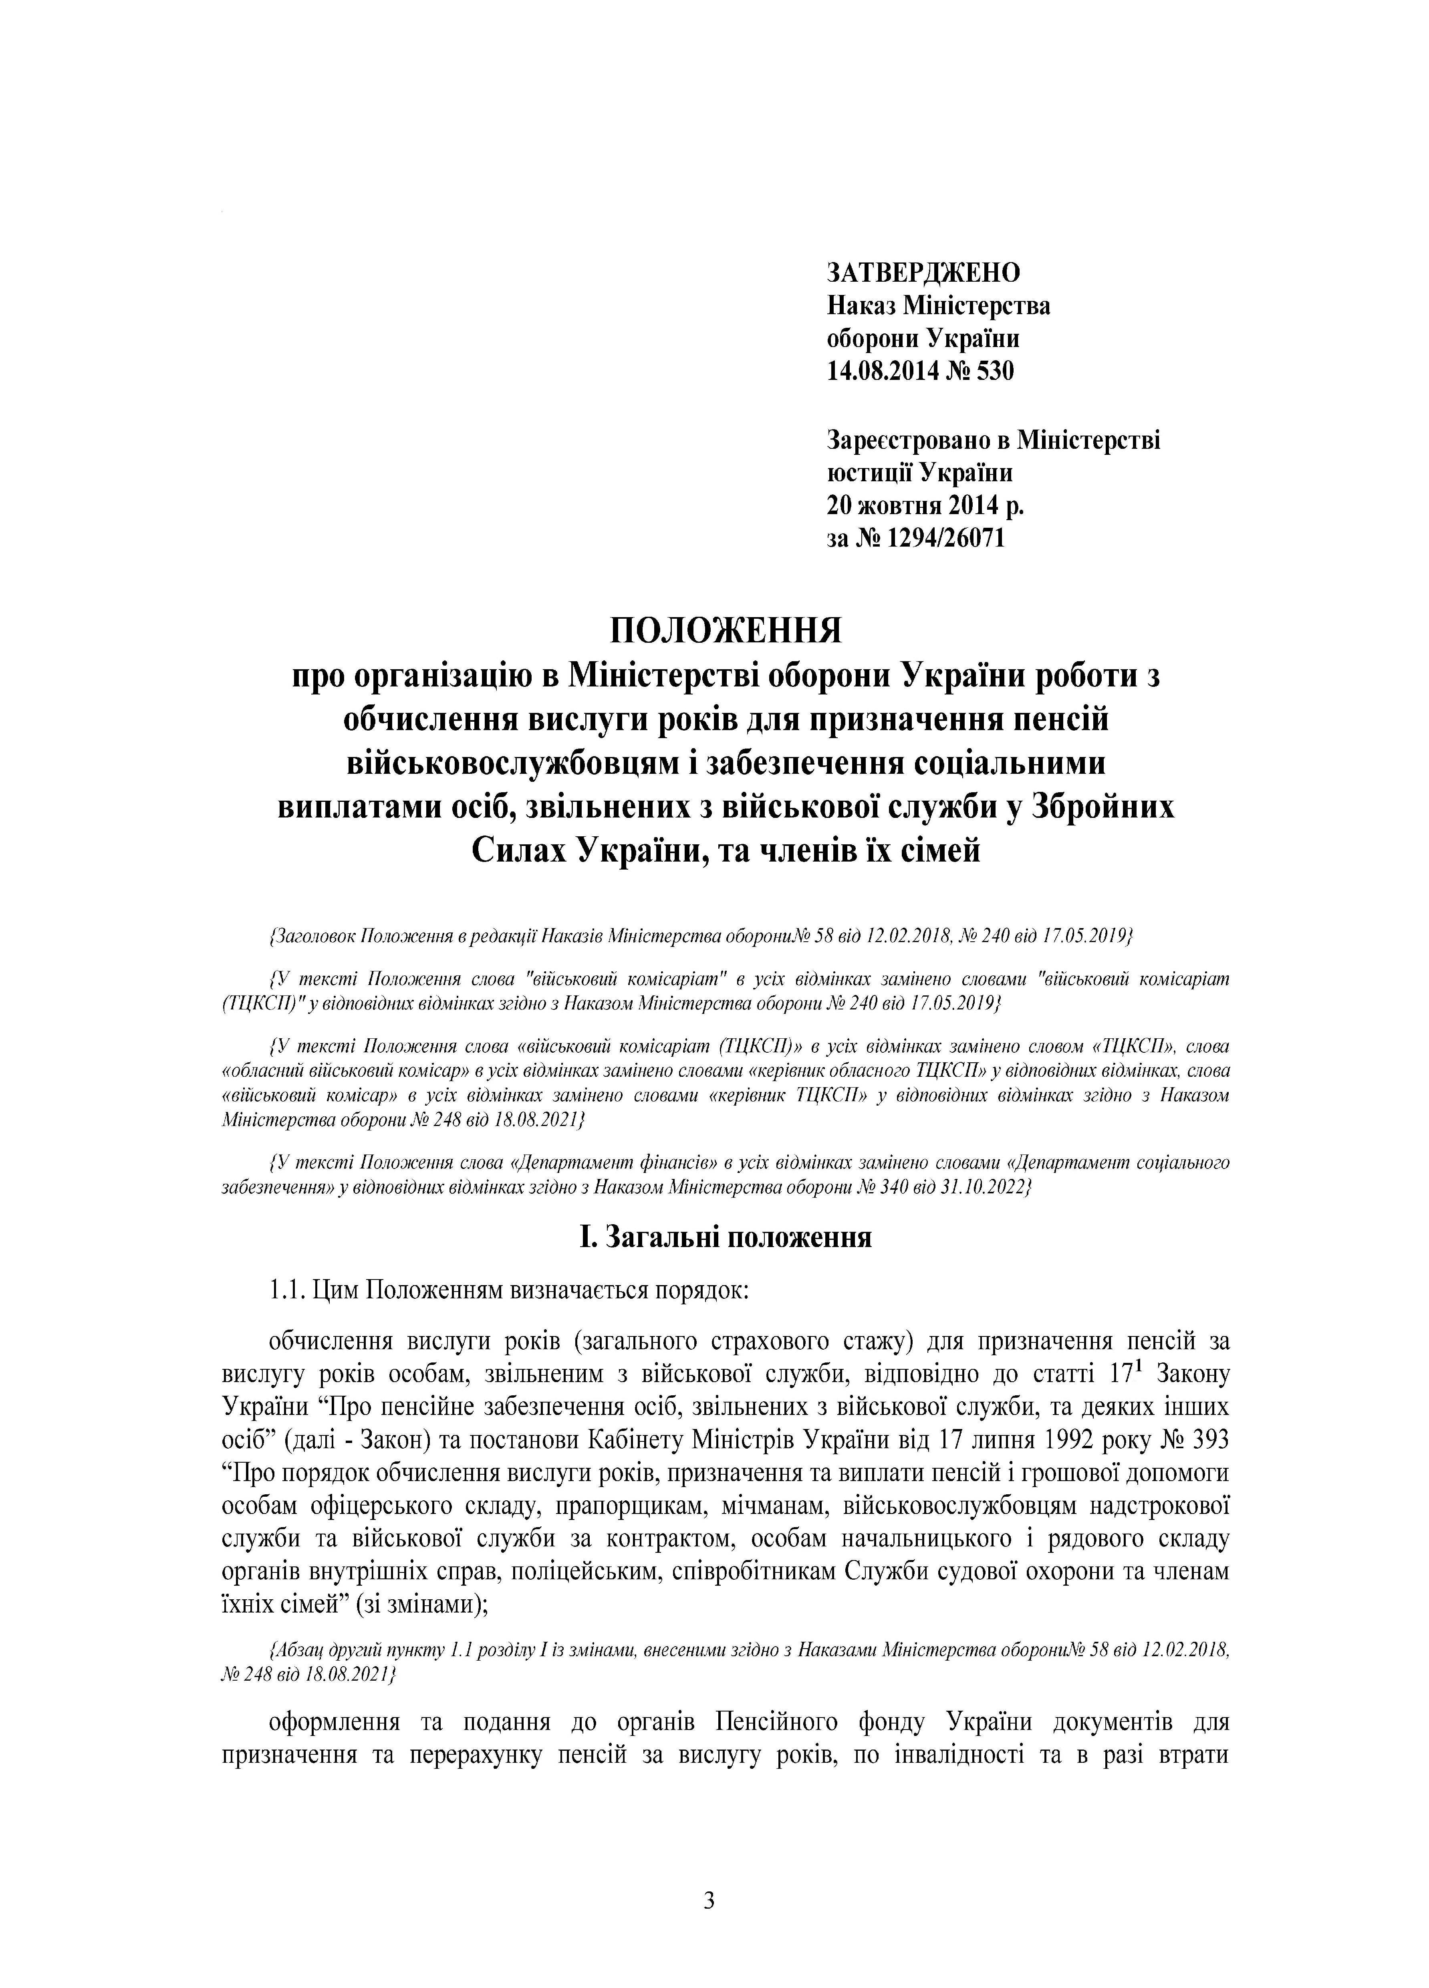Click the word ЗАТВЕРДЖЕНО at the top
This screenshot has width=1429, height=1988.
(x=923, y=273)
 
